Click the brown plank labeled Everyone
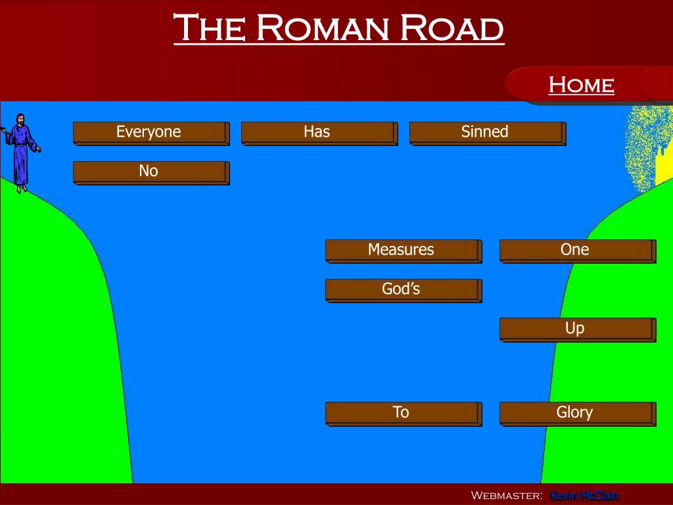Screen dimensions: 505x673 pyautogui.click(x=151, y=132)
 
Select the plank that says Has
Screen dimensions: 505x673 pyautogui.click(x=319, y=132)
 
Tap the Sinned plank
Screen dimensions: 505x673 pyautogui.click(x=486, y=132)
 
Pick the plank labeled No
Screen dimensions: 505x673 pyautogui.click(x=151, y=172)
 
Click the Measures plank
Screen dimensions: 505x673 pyautogui.click(x=402, y=251)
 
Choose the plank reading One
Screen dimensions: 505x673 pyautogui.click(x=576, y=251)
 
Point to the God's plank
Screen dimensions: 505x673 pyautogui.click(x=402, y=289)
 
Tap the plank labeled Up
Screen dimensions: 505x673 pyautogui.click(x=576, y=329)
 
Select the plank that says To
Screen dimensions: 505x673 pyautogui.click(x=402, y=413)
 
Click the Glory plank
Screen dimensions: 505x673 pyautogui.click(x=576, y=413)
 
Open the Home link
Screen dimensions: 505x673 pyautogui.click(x=581, y=85)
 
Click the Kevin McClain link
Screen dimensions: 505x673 pyautogui.click(x=584, y=496)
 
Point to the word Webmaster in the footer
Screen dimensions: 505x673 pyautogui.click(x=506, y=496)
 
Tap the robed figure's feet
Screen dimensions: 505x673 pyautogui.click(x=22, y=188)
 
